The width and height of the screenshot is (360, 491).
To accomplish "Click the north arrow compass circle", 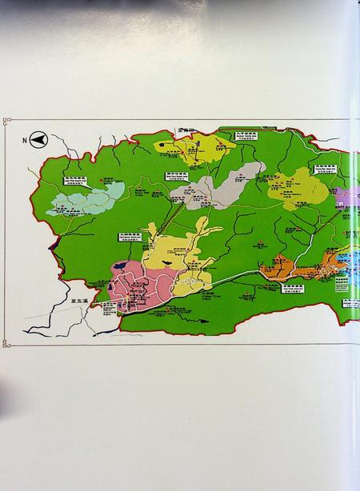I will click(x=39, y=141).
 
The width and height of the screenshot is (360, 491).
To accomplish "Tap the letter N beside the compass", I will click(x=26, y=141).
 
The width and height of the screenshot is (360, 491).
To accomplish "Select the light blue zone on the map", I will click(x=86, y=198).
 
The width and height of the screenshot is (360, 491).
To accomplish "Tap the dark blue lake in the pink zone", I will click(x=119, y=265).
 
